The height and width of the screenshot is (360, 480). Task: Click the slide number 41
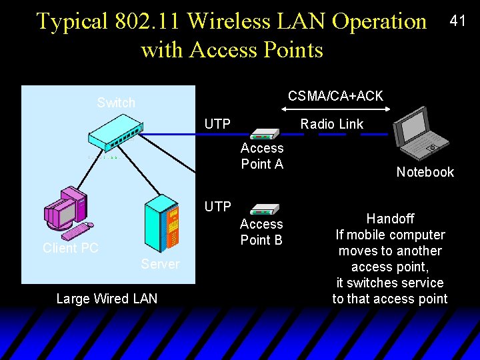[457, 21]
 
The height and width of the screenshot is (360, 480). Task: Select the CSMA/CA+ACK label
[335, 96]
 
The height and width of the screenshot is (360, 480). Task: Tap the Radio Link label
[331, 124]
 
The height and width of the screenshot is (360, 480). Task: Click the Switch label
[116, 103]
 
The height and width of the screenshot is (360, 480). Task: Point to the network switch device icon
[115, 136]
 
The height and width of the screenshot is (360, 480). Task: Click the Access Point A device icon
[266, 134]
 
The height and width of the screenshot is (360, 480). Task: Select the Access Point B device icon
[266, 210]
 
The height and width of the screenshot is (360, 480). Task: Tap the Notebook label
[425, 172]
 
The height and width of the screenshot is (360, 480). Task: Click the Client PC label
[71, 248]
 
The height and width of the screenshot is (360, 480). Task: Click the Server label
[160, 265]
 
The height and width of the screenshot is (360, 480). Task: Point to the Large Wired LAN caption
[107, 299]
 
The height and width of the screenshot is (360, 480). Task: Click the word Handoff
[390, 219]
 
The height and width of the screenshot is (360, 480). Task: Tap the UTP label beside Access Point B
[217, 207]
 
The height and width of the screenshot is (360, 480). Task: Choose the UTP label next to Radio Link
[217, 124]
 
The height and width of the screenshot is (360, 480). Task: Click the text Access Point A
[262, 156]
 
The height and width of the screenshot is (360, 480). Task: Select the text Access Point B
[261, 232]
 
